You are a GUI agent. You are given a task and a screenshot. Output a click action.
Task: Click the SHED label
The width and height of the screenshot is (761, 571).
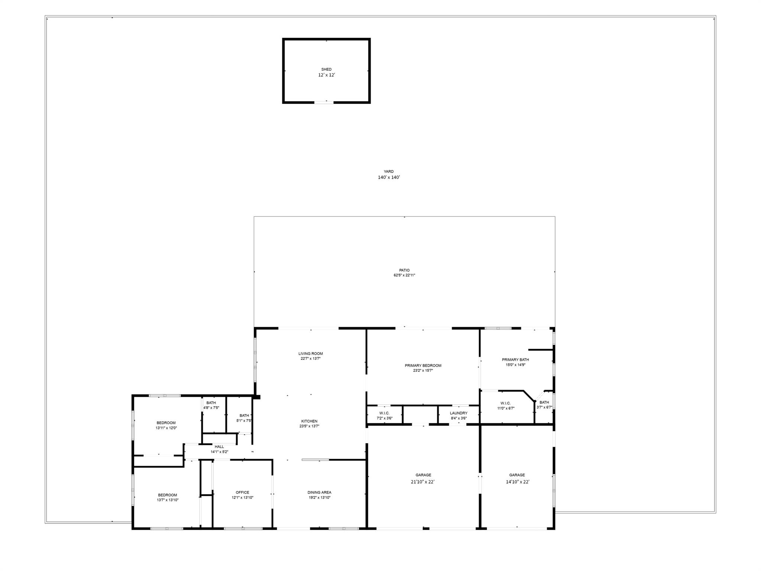click(x=326, y=70)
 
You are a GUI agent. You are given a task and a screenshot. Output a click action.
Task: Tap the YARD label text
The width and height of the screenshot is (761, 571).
click(x=389, y=172)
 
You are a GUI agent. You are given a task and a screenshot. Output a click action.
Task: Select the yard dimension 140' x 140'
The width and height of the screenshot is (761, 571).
click(x=389, y=177)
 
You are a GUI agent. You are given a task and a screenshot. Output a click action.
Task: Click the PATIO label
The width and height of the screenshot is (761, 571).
click(x=404, y=270)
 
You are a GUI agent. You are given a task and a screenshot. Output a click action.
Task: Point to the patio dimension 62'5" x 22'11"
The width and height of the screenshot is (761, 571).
click(x=404, y=275)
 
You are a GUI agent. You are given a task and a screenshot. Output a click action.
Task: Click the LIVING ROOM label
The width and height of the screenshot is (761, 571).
click(x=311, y=354)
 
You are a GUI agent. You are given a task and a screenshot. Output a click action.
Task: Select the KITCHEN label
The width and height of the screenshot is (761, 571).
click(x=309, y=421)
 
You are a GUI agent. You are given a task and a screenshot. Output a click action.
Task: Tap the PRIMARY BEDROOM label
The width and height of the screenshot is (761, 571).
click(x=423, y=365)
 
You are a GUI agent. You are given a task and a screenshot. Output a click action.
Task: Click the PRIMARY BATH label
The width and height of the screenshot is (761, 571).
click(x=515, y=359)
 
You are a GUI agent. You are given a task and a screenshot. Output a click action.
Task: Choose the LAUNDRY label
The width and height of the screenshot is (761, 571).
click(x=459, y=413)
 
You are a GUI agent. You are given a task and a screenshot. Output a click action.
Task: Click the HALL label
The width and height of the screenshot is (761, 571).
click(x=219, y=447)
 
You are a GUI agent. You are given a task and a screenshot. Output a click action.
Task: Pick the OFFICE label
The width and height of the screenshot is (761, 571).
click(x=242, y=493)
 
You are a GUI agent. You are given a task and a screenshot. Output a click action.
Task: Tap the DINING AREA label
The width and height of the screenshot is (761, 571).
click(x=320, y=493)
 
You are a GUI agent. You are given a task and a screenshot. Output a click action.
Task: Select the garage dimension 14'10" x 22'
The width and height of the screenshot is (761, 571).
click(x=517, y=482)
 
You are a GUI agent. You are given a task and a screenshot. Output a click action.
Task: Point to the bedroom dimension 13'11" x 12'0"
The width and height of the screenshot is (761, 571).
click(x=166, y=428)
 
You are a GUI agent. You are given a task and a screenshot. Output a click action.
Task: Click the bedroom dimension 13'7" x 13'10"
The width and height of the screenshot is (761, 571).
click(x=168, y=500)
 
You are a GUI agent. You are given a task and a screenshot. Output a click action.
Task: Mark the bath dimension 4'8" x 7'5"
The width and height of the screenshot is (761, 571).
click(x=211, y=408)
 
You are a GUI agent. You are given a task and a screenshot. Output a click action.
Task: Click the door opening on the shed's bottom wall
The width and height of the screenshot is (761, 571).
click(x=324, y=102)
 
